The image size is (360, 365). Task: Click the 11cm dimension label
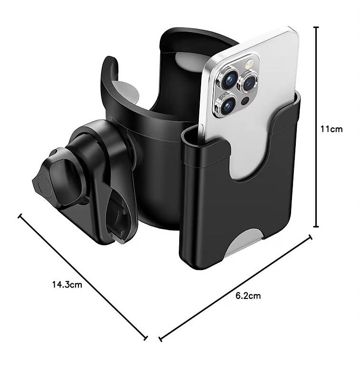(x=331, y=129)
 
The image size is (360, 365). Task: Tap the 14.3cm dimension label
(x=67, y=285)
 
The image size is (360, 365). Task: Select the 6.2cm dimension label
(x=248, y=296)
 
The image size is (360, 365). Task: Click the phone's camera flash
(x=249, y=63)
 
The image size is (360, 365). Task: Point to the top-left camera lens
(x=229, y=79)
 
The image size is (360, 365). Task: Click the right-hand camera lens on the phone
(x=248, y=82)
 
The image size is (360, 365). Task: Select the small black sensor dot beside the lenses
(x=245, y=101)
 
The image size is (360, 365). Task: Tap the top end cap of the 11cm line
(x=316, y=27)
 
